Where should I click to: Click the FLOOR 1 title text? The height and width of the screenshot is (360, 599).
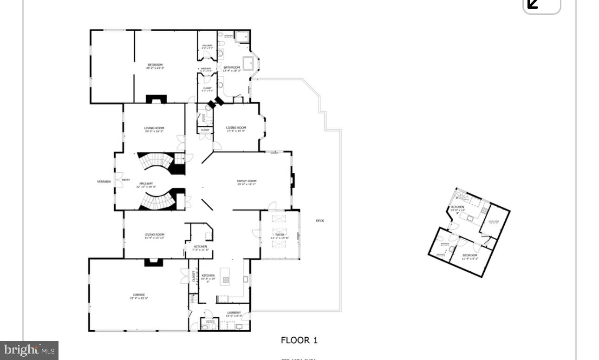[299, 340]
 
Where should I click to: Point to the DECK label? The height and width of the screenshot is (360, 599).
[320, 221]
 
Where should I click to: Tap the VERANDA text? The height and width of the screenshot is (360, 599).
[104, 182]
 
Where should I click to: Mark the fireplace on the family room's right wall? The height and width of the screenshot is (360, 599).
[293, 180]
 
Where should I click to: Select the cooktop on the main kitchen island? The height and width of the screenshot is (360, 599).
[226, 280]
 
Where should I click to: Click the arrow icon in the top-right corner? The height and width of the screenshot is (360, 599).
[534, 4]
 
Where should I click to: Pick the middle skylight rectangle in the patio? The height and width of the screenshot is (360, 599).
[280, 231]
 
